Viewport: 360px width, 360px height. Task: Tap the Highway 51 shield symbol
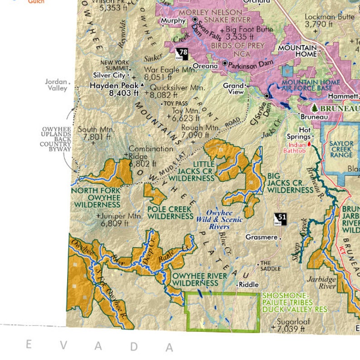click(x=281, y=219)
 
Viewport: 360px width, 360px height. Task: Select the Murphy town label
click(x=173, y=21)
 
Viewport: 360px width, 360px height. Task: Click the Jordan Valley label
click(x=56, y=85)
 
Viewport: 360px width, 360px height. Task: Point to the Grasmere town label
click(x=261, y=237)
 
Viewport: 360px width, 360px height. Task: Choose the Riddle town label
click(x=248, y=285)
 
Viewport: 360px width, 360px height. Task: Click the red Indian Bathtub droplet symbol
click(x=310, y=143)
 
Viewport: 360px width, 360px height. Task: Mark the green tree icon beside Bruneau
click(x=315, y=108)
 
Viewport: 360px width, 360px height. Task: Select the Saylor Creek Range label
click(x=341, y=149)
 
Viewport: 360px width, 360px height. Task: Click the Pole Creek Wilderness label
click(x=170, y=213)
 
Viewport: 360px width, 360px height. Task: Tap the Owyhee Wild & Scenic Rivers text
click(x=219, y=219)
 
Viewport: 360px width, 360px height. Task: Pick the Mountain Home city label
click(x=297, y=51)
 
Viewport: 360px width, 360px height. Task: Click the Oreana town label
click(x=205, y=66)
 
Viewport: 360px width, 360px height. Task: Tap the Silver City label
click(x=109, y=75)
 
